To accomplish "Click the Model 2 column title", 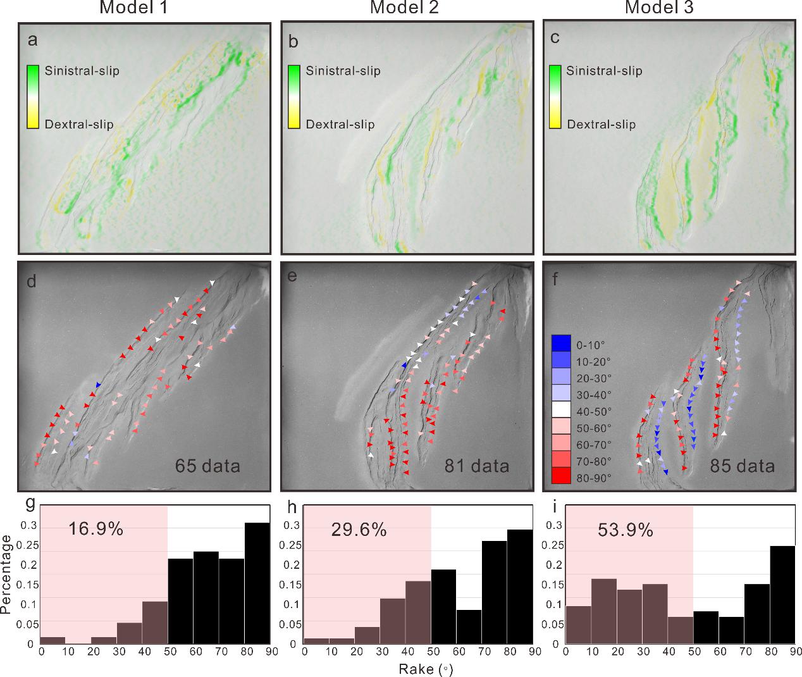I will point(405,8).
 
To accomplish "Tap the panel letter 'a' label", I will point(32,41).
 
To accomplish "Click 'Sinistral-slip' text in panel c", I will point(604,70).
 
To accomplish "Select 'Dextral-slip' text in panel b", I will point(340,124).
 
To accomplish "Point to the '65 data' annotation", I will point(207,466).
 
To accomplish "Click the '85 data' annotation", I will point(742,466).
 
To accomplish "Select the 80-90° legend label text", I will point(594,478).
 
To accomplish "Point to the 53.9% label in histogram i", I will point(625,530).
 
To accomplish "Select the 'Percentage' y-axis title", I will point(7,574).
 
